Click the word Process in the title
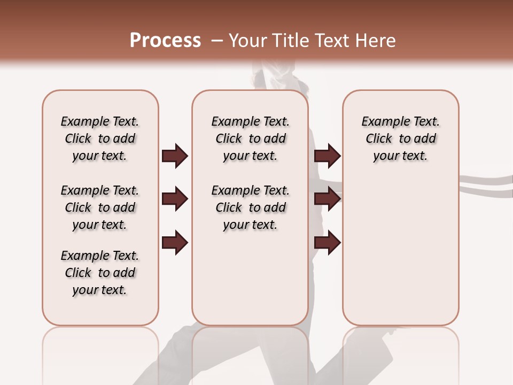click(x=165, y=40)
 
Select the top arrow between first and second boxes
click(x=175, y=156)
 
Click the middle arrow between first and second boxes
click(x=175, y=199)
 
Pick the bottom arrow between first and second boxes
click(x=175, y=242)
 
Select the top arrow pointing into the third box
click(x=327, y=156)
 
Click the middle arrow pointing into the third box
click(x=327, y=199)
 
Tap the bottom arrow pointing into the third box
click(x=327, y=242)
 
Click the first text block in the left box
click(x=100, y=138)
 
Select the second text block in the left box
click(x=100, y=207)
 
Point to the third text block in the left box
click(x=100, y=273)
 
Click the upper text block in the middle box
click(x=250, y=138)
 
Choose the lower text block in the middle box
click(x=250, y=207)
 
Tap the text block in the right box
click(x=400, y=138)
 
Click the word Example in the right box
click(x=382, y=122)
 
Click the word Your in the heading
click(x=248, y=40)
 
